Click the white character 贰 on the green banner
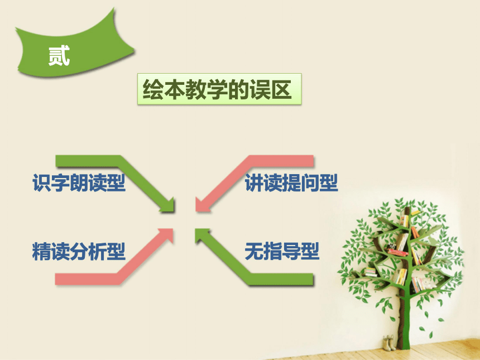click(59, 56)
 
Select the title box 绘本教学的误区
click(219, 89)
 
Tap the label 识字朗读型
click(79, 183)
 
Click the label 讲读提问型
click(291, 183)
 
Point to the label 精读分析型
click(79, 251)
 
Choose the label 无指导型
click(282, 251)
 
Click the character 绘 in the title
click(153, 89)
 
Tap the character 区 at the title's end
click(281, 89)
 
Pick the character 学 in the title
click(217, 89)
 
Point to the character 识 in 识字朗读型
click(42, 183)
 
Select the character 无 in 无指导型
click(254, 251)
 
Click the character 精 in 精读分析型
click(42, 251)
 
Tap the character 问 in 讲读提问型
click(310, 183)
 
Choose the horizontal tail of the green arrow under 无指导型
click(282, 279)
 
